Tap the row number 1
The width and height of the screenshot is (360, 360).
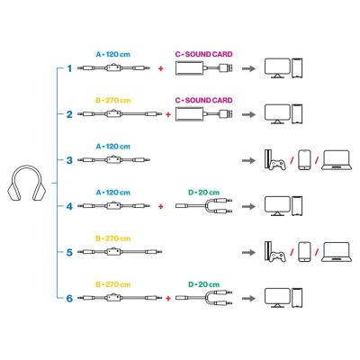click(69, 68)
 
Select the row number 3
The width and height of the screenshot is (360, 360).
click(69, 159)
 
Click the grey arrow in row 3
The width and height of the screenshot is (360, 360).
click(245, 159)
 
